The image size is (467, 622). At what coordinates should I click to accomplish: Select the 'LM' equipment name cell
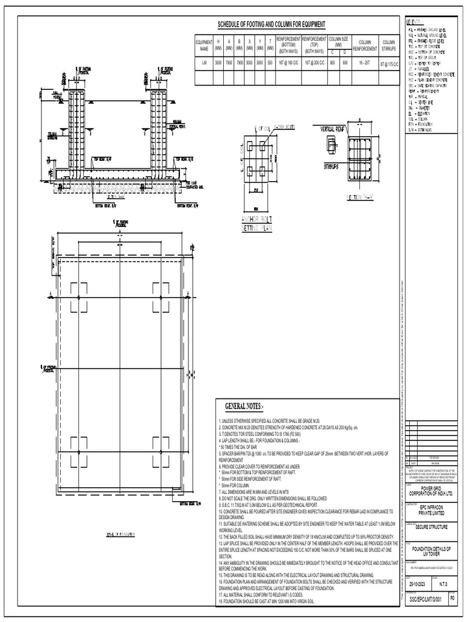204,62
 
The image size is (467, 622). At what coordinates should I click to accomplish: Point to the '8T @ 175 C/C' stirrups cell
389,63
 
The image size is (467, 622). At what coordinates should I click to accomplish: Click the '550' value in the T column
269,62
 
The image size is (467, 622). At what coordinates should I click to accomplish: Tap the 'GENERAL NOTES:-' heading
245,405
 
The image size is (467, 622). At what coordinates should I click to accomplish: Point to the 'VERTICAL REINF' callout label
329,129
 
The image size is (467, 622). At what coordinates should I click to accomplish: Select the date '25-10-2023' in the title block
417,583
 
